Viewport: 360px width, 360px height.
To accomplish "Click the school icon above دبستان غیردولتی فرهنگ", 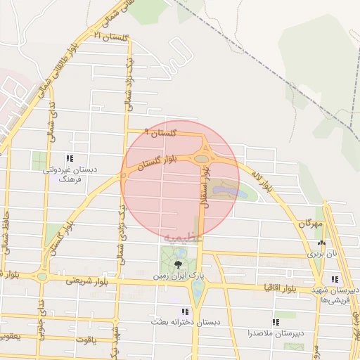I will pos(69,158).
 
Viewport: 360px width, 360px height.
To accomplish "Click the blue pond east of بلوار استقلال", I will pos(227,189).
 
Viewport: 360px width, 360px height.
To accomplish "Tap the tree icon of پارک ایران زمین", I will pos(176,263).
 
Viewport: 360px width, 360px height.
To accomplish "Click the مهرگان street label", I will pos(309,224).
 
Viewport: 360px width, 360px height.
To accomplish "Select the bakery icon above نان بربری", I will pos(321,243).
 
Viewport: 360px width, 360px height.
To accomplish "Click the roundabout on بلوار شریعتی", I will pos(42,277).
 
